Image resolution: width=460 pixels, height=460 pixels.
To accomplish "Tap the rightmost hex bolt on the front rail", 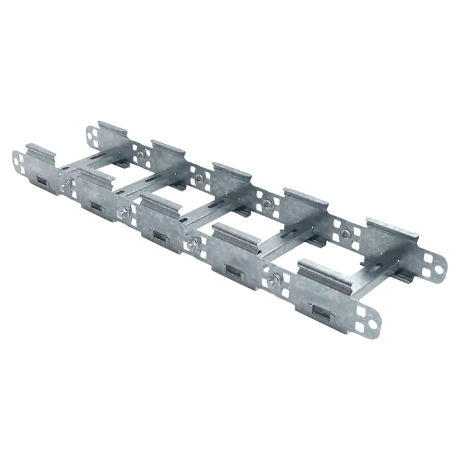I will [x=272, y=283].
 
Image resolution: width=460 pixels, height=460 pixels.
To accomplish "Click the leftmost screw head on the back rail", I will [x=140, y=155].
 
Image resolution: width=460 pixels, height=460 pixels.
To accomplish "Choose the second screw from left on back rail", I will [x=198, y=178].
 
